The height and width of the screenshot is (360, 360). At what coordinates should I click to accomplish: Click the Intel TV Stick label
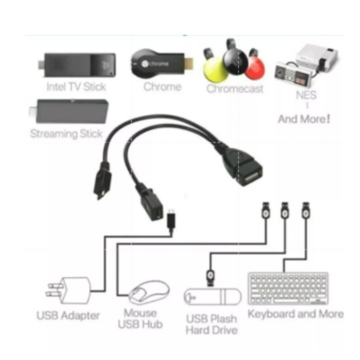click(x=76, y=87)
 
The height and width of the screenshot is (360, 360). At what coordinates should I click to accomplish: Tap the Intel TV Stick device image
click(x=77, y=65)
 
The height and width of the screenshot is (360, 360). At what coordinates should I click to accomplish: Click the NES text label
click(x=306, y=95)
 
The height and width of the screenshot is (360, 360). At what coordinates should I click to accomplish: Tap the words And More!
click(x=304, y=119)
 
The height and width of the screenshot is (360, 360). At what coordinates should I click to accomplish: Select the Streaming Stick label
click(x=66, y=134)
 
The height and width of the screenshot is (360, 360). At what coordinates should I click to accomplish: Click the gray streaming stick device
click(x=69, y=111)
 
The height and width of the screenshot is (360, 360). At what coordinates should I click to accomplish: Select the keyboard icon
click(x=288, y=289)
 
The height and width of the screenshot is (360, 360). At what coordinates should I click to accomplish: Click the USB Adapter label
click(x=68, y=315)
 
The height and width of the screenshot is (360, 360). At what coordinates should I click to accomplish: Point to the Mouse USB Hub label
click(x=140, y=319)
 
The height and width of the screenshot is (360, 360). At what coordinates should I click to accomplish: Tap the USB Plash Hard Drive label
click(x=211, y=324)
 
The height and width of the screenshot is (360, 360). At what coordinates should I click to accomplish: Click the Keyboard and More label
click(x=296, y=314)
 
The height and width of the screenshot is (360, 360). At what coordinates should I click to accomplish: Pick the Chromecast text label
click(x=234, y=89)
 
